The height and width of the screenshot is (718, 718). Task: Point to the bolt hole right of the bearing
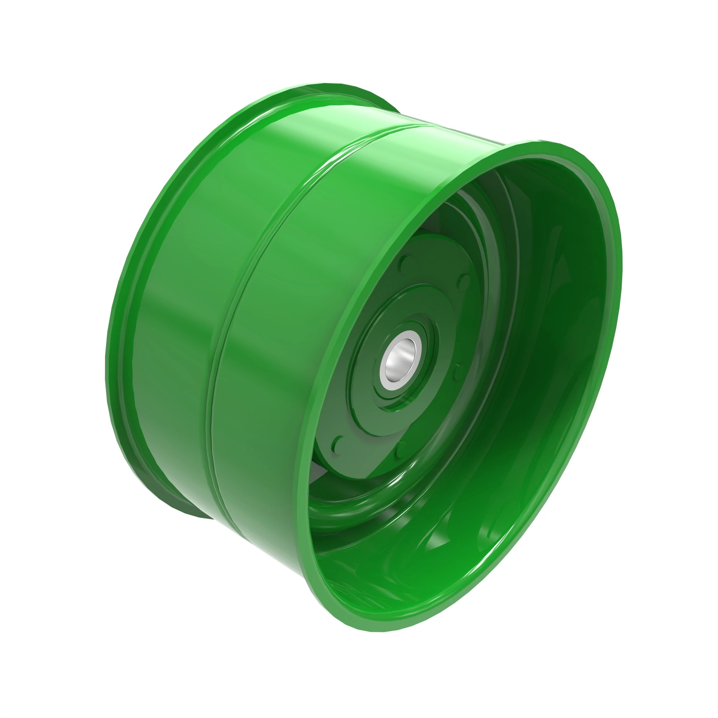(457, 372)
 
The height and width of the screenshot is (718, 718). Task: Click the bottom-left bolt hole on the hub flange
(339, 444)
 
